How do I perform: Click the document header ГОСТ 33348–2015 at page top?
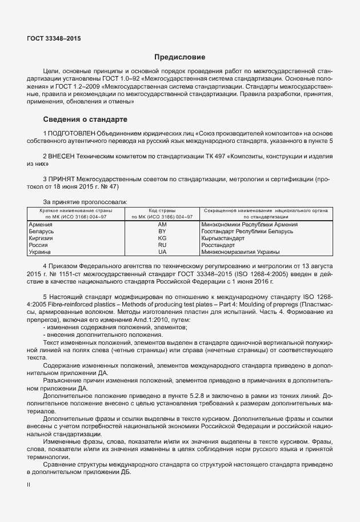(54, 39)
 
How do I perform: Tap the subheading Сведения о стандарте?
(85, 119)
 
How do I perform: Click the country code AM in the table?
(162, 225)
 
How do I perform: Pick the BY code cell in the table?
(162, 232)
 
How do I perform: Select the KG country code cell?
(162, 238)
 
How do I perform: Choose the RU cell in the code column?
(162, 245)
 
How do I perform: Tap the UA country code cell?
(162, 252)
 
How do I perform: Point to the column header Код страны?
(162, 211)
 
